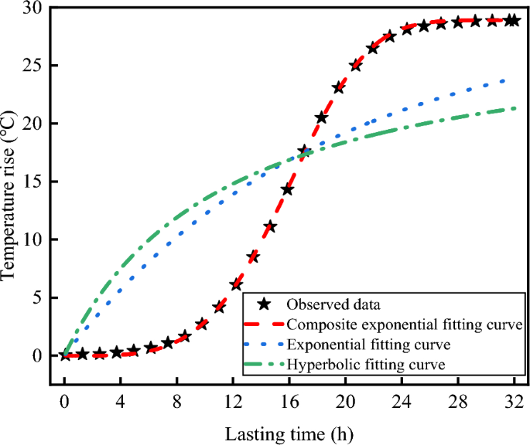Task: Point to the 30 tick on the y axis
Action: point(36,8)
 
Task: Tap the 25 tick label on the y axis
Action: point(36,66)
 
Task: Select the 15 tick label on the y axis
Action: point(36,182)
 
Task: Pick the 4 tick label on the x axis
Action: point(120,403)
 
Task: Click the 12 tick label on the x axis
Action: point(232,403)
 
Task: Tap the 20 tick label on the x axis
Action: point(344,403)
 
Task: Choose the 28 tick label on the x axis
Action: point(456,403)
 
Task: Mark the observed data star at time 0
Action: point(64,355)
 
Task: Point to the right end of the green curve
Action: point(515,108)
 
